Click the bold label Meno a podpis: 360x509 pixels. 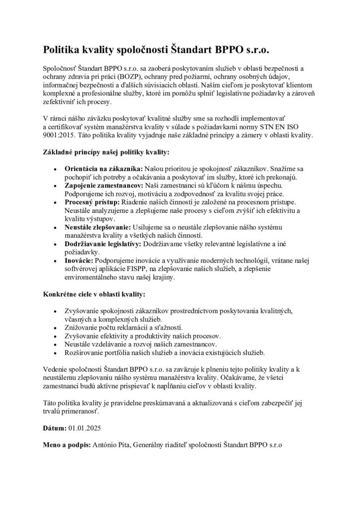pyautogui.click(x=65, y=446)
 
